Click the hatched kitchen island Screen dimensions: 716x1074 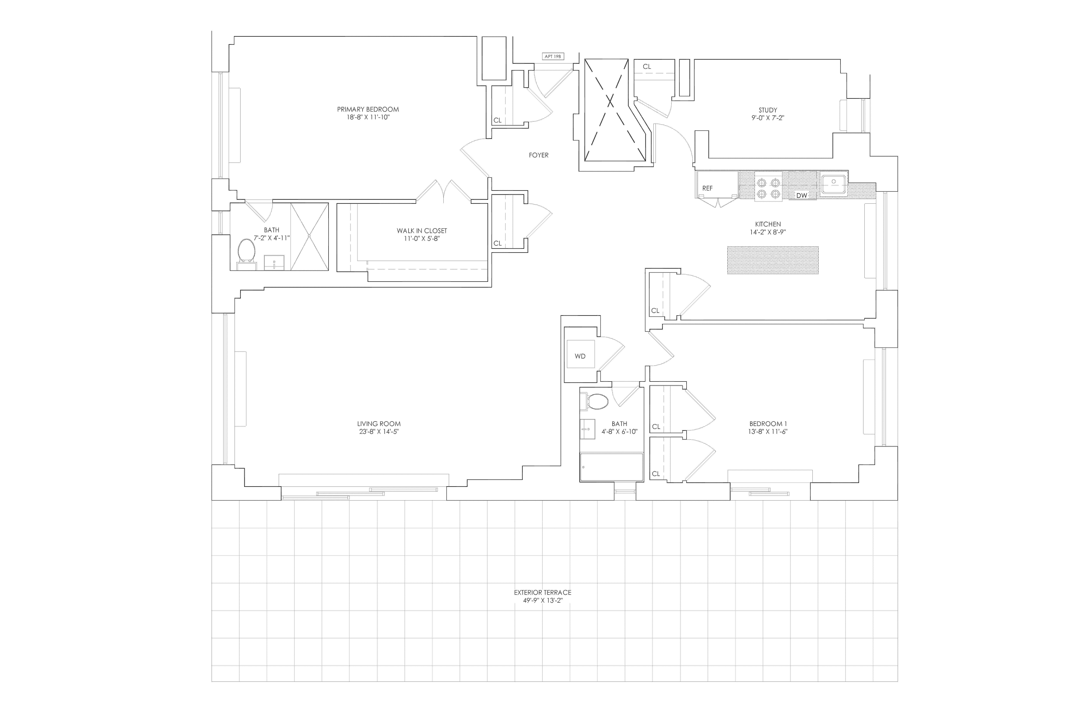point(773,260)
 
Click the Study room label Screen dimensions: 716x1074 point(768,110)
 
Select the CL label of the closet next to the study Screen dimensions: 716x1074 point(647,67)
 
